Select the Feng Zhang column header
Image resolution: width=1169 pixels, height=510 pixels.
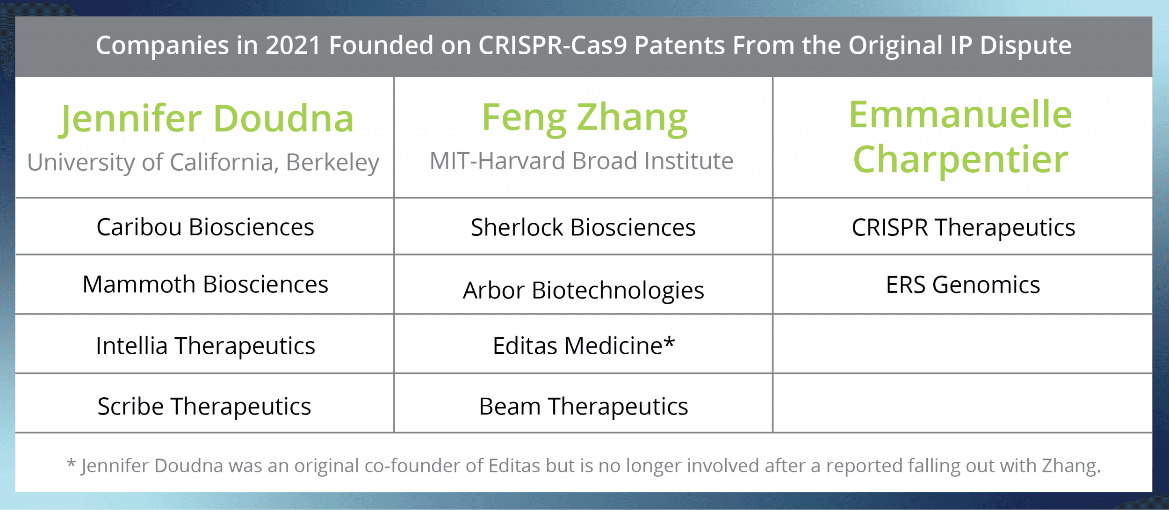(584, 117)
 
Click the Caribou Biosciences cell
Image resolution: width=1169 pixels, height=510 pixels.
(205, 227)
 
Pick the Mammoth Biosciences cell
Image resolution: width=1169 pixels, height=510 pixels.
(205, 284)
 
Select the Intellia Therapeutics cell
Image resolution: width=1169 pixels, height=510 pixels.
(205, 346)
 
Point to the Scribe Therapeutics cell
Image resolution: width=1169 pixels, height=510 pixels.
(204, 406)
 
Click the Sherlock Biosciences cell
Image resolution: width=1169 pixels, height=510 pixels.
(583, 227)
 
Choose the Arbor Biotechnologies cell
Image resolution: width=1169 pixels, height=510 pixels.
(583, 290)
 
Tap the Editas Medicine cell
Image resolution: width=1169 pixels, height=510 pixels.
(577, 346)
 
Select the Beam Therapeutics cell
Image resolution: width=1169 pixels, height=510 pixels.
(583, 406)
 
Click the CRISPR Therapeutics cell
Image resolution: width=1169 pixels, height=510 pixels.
(963, 227)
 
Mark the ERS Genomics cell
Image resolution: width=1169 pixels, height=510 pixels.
(963, 284)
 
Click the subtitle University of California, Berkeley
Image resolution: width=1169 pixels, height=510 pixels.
(203, 162)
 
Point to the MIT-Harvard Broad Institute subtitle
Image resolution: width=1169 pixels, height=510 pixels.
(581, 161)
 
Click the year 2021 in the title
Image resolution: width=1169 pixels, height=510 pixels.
(293, 45)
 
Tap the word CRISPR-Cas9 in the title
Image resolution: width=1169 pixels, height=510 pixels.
(552, 45)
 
